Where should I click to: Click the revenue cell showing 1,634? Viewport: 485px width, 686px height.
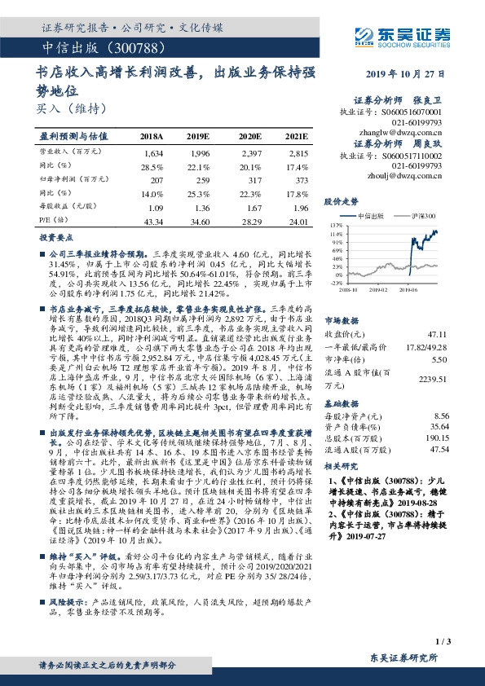click(x=153, y=153)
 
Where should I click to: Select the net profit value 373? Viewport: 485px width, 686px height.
click(x=301, y=178)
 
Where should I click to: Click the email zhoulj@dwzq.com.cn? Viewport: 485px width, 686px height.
click(x=405, y=174)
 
